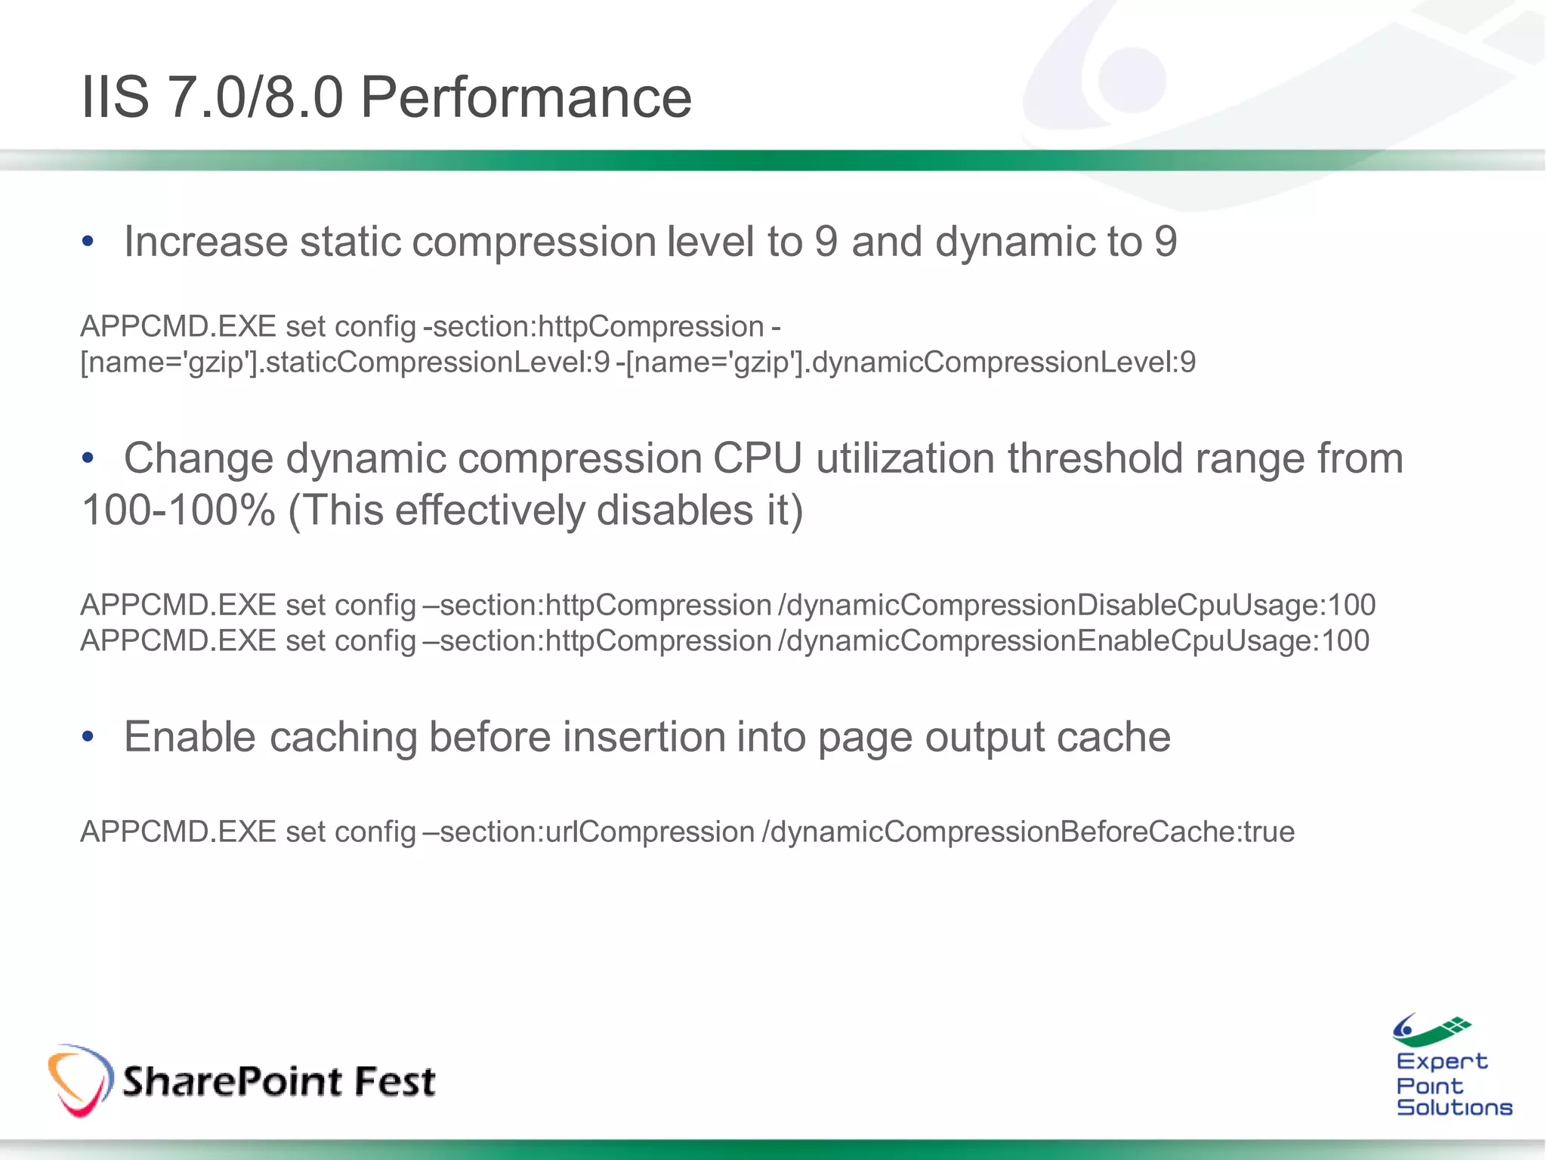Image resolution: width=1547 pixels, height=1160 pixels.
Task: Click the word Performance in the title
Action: (x=526, y=98)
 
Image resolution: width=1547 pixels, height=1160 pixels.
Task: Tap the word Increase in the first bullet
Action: (x=205, y=242)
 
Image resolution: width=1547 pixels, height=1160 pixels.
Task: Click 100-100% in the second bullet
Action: (x=178, y=511)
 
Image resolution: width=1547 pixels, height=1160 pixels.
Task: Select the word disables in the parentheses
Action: (x=675, y=511)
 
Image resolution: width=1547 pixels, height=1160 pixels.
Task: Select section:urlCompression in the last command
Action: (x=597, y=832)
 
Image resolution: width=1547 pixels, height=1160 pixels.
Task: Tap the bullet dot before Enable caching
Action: (x=88, y=736)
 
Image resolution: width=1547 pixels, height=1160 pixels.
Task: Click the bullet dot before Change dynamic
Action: (x=88, y=458)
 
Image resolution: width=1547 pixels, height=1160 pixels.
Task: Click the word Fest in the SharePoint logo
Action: (x=394, y=1081)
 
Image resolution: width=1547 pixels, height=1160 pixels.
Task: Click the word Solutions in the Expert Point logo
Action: (x=1454, y=1108)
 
